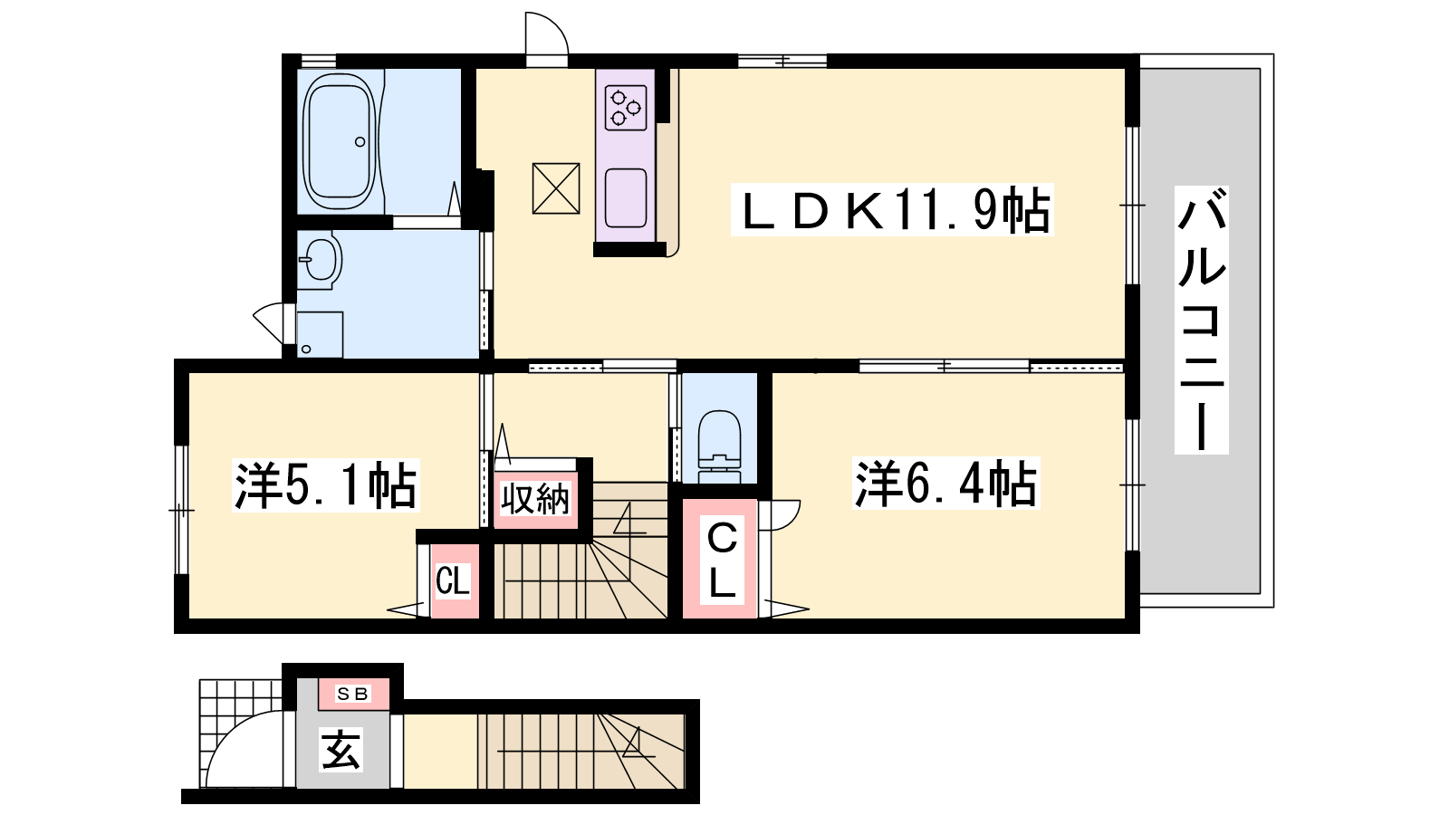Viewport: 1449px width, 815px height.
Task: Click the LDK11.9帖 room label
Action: pos(892,209)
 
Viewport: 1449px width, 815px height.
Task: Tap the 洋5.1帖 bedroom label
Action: pos(326,485)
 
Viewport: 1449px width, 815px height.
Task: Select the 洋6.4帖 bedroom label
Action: pos(945,484)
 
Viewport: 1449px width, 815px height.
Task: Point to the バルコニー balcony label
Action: pos(1201,320)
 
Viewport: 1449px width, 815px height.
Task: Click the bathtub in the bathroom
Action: pos(339,141)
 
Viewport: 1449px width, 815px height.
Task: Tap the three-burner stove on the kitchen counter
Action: pos(626,108)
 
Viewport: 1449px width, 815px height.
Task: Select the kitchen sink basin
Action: pos(626,198)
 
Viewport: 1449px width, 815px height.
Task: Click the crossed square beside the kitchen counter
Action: pos(556,188)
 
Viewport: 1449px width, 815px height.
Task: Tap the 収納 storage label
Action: pos(535,499)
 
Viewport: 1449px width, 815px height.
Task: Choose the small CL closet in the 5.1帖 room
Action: pos(454,580)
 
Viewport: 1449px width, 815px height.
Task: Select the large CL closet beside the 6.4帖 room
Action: pos(720,559)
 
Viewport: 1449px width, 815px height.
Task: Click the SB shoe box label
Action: pos(353,694)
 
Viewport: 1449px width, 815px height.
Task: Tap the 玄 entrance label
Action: pos(341,750)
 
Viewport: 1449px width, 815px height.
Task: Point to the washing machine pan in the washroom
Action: pos(320,334)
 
